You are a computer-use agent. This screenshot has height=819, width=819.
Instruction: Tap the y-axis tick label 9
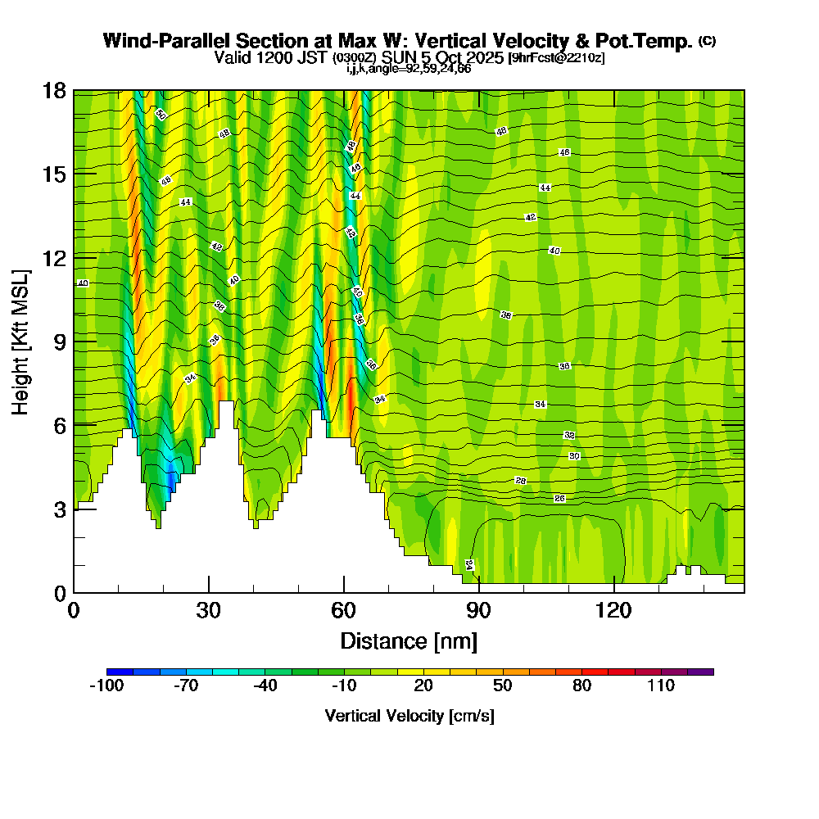60,342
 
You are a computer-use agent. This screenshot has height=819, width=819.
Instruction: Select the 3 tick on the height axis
60,509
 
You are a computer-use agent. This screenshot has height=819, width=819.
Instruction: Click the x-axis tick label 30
209,610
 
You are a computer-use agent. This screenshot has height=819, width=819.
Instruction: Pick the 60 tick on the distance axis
344,610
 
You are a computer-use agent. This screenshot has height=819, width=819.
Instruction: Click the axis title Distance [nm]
409,640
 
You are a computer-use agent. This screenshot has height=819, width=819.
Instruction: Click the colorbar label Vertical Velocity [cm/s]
409,717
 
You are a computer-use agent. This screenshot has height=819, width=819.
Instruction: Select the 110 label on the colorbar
660,686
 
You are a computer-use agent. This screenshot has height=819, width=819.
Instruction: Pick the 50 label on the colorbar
503,686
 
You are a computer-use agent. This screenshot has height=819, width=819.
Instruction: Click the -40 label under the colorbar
265,686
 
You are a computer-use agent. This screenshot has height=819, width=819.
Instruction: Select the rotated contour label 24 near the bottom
469,564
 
